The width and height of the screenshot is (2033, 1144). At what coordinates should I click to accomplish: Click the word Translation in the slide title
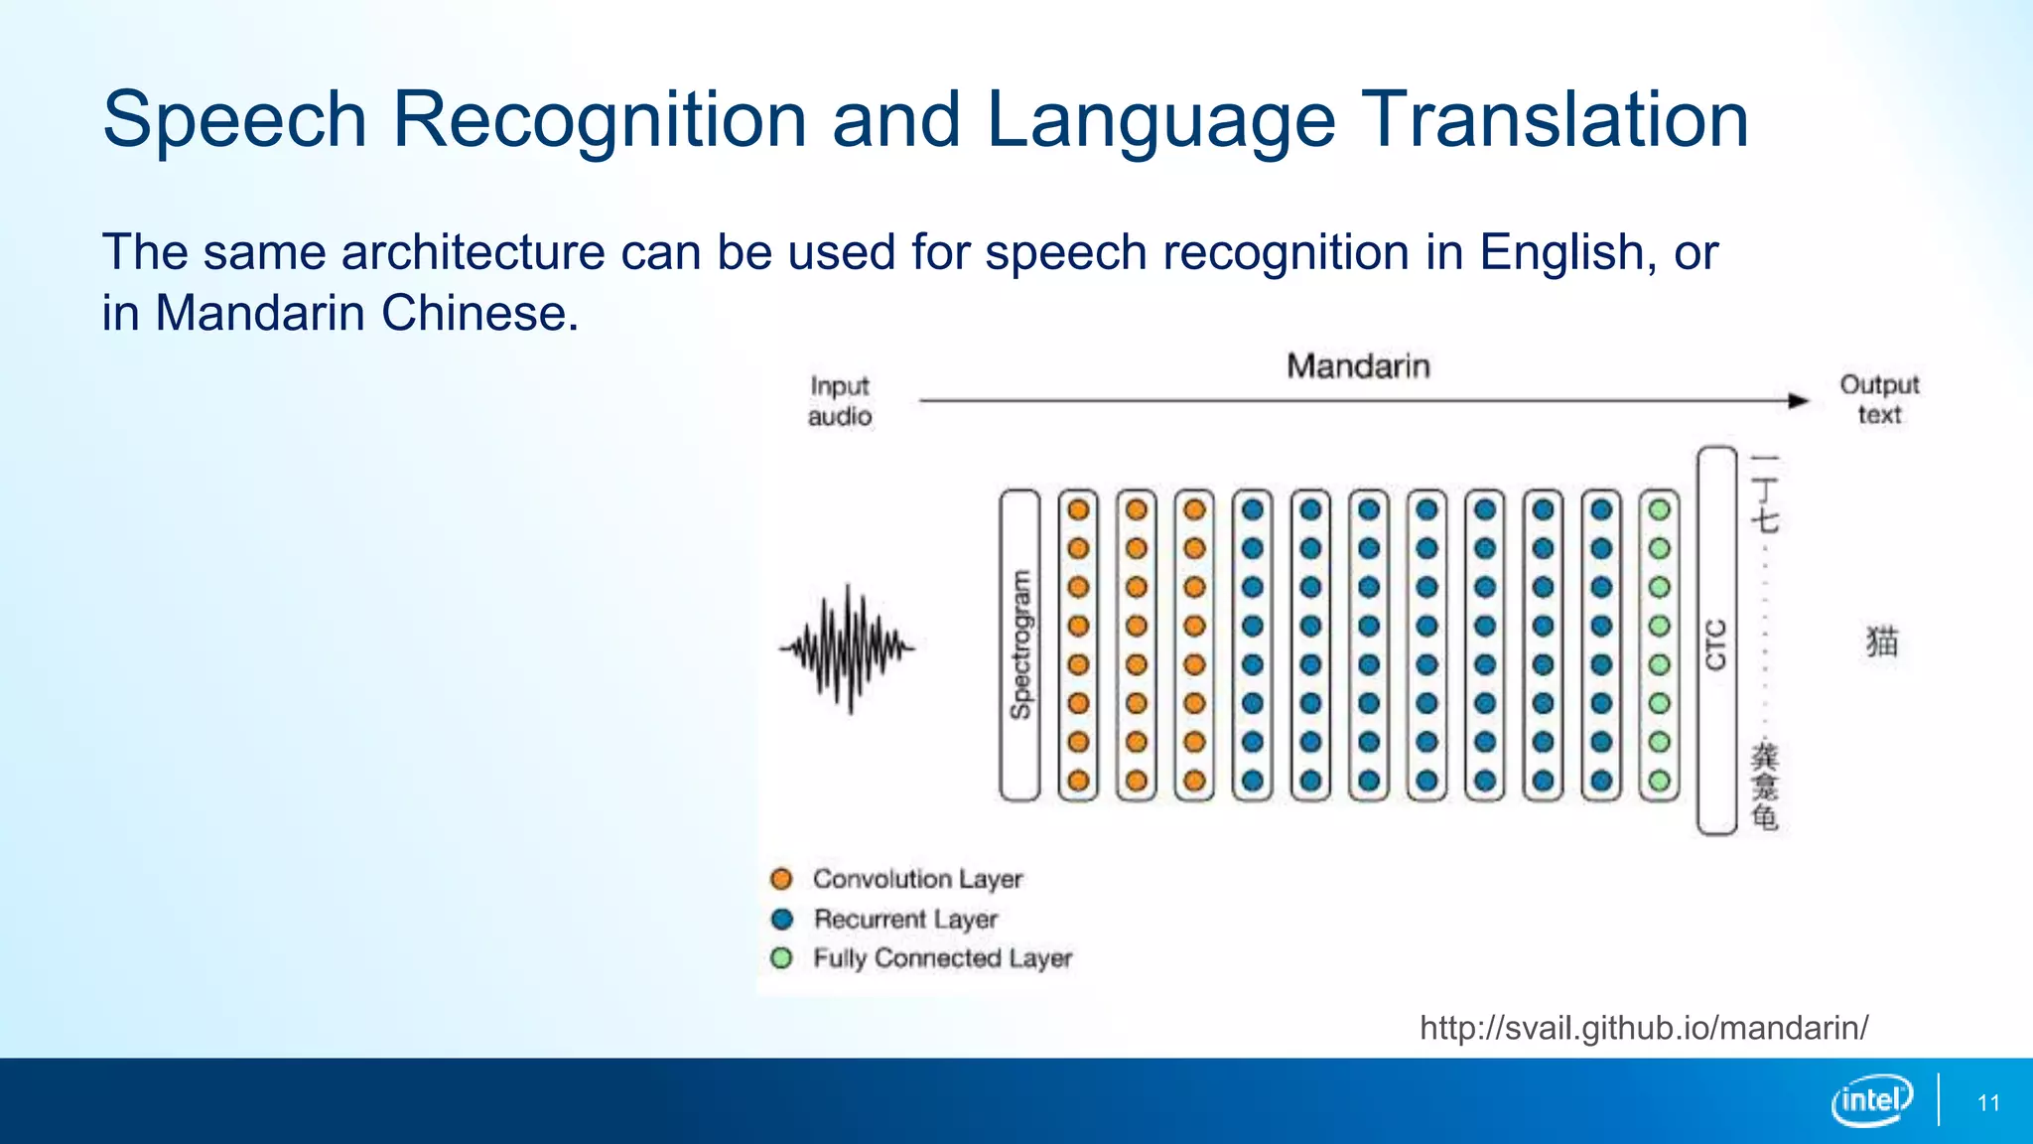point(1555,119)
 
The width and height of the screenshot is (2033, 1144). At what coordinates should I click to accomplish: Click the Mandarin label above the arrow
point(1358,366)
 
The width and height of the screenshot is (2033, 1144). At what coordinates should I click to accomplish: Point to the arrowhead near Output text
point(1799,401)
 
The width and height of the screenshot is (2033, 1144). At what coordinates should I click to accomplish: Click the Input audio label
point(840,400)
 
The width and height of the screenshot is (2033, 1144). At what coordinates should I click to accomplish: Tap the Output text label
point(1879,399)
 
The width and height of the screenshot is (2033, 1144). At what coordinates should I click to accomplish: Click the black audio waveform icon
point(848,648)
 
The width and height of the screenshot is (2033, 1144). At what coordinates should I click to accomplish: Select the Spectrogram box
point(1019,644)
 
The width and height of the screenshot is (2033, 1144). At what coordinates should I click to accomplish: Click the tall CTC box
point(1716,642)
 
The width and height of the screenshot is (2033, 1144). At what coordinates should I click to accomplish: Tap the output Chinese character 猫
point(1881,642)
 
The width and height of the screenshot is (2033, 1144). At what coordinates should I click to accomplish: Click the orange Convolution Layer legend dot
point(782,879)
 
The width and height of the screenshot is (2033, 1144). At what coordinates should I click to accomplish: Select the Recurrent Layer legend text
point(905,920)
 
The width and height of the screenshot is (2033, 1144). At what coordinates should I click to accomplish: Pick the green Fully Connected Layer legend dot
point(782,958)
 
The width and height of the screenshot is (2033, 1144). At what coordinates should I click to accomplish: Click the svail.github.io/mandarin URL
point(1644,1028)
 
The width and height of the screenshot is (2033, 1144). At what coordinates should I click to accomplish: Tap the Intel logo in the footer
point(1871,1100)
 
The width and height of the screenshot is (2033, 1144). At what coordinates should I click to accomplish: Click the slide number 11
point(1988,1103)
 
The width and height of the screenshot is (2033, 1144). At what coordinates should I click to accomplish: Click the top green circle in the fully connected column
point(1659,510)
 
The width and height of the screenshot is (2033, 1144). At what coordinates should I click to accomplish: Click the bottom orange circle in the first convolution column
point(1078,781)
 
